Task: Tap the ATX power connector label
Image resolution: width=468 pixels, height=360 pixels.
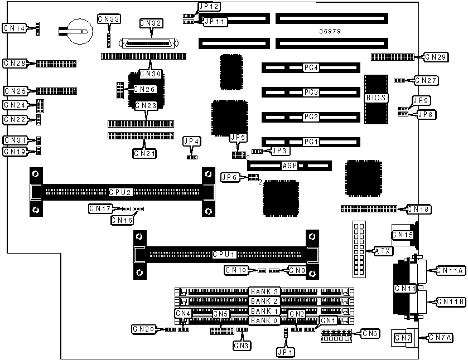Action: click(383, 251)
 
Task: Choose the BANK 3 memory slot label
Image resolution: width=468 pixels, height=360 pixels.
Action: click(264, 291)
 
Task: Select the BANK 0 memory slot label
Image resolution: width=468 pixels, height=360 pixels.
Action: click(264, 320)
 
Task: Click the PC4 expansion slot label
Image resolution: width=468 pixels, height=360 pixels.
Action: click(311, 68)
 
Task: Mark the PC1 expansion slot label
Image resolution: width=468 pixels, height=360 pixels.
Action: click(311, 142)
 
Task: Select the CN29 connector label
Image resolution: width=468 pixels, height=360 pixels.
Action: click(435, 57)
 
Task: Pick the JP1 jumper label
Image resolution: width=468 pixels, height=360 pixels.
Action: click(286, 352)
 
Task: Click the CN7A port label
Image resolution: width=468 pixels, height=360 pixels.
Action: click(440, 337)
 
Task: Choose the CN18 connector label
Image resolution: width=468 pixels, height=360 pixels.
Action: click(418, 209)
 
